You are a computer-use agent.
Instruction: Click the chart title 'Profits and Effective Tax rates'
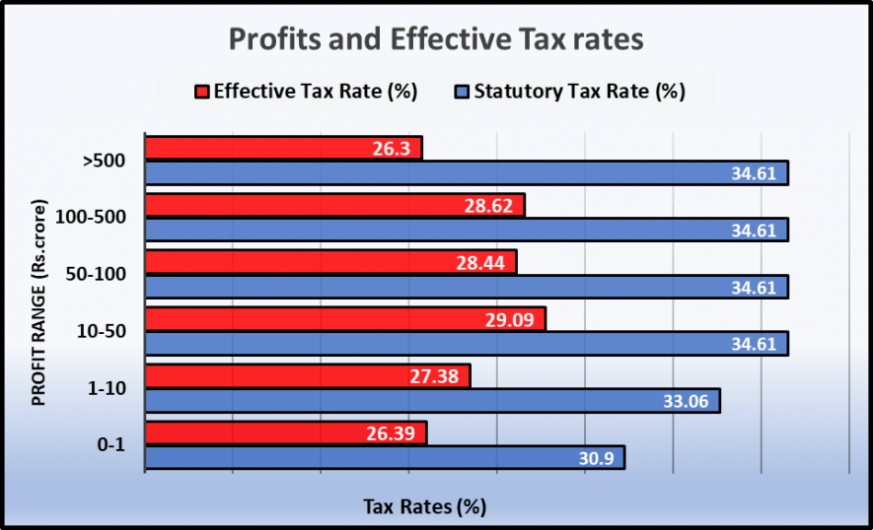click(x=436, y=39)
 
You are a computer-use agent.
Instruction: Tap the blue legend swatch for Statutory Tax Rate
click(x=461, y=93)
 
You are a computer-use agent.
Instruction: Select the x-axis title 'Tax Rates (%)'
click(x=425, y=507)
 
